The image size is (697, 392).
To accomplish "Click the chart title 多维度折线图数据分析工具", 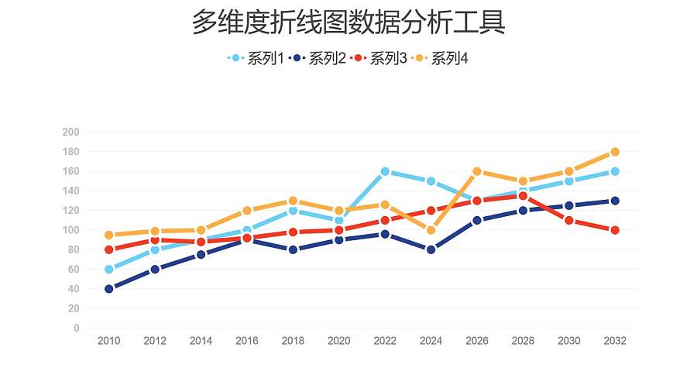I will (348, 23).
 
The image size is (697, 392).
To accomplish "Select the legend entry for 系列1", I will (257, 58).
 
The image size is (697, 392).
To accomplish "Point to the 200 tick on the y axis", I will (70, 132).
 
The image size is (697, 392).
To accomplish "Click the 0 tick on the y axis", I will (76, 328).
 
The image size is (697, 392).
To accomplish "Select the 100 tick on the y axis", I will (70, 230).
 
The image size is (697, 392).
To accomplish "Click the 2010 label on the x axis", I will (109, 342).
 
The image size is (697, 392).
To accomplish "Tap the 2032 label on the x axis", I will (615, 342).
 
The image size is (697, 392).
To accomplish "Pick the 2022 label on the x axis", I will (385, 342).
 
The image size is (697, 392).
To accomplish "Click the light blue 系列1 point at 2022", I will (385, 171).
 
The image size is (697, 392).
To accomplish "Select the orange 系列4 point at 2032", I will (615, 152).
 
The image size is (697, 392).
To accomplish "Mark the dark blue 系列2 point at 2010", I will (109, 289).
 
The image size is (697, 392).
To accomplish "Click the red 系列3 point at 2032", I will (615, 230).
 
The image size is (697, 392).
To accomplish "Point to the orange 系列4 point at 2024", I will (431, 230).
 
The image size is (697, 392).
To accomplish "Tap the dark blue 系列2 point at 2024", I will (431, 249).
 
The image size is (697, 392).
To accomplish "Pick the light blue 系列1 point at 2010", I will (109, 270).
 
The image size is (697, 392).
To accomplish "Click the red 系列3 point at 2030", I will (569, 221).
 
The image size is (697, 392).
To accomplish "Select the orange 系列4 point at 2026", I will (477, 171).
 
